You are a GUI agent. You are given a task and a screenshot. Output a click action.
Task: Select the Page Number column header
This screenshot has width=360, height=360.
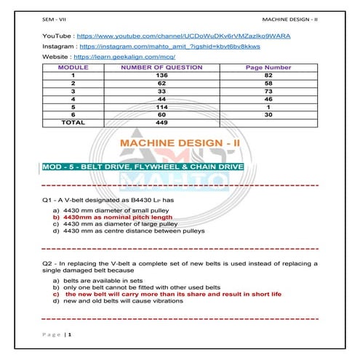(x=268, y=67)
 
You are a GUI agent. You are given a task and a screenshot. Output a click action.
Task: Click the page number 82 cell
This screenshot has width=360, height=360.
(x=268, y=75)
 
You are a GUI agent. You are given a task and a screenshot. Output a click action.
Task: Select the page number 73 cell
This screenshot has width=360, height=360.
(x=268, y=91)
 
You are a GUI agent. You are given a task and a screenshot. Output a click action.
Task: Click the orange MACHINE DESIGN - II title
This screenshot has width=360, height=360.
(x=179, y=145)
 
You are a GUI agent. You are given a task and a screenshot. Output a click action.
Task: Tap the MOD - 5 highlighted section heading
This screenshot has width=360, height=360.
(x=143, y=168)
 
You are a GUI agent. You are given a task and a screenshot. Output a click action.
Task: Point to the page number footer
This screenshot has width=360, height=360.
(x=57, y=334)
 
